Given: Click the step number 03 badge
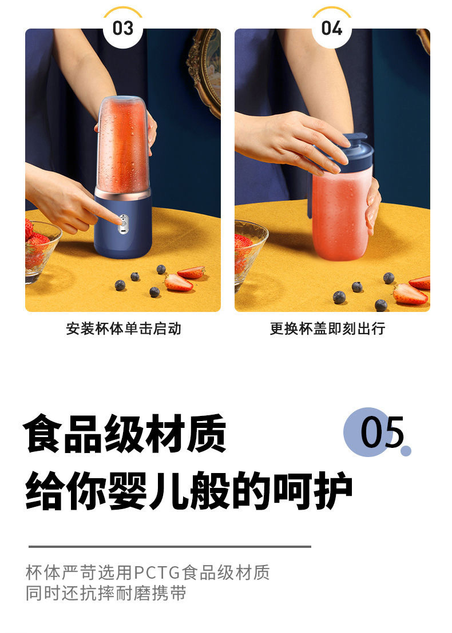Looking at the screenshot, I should point(122,27).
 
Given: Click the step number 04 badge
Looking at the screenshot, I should point(332,27).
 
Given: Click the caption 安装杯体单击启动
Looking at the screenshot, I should point(123,328).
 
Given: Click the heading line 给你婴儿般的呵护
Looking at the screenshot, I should point(189,490).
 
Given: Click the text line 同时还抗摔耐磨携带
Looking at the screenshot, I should point(106,592).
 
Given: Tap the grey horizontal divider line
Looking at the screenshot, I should point(169,547).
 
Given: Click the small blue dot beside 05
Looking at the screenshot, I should point(406,451).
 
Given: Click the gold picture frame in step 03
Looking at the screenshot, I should point(205,69).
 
